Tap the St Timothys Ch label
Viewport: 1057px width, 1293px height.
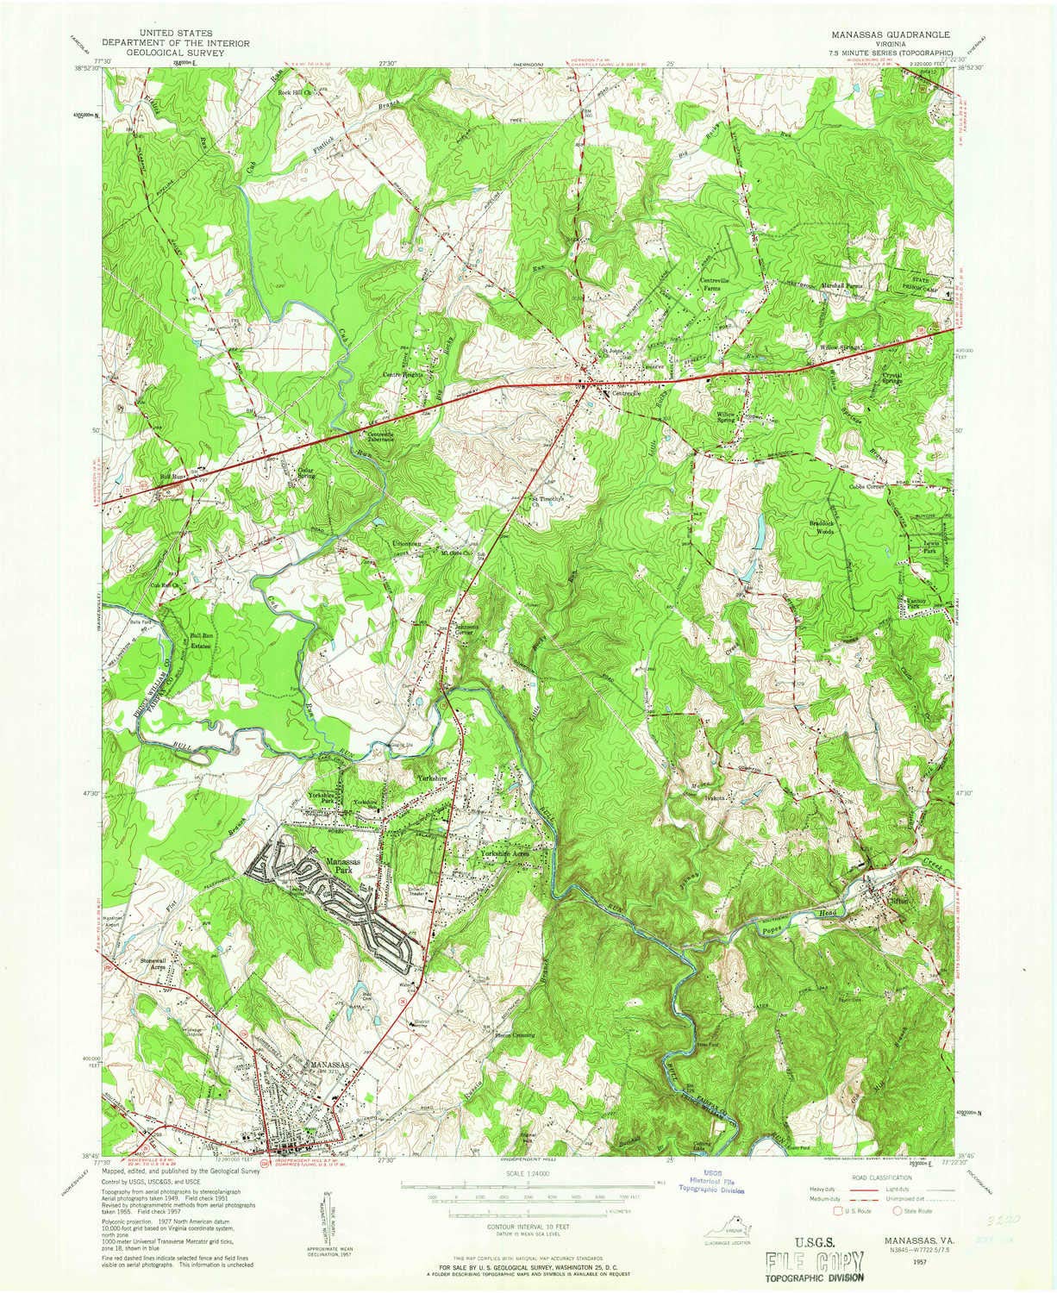(x=545, y=501)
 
